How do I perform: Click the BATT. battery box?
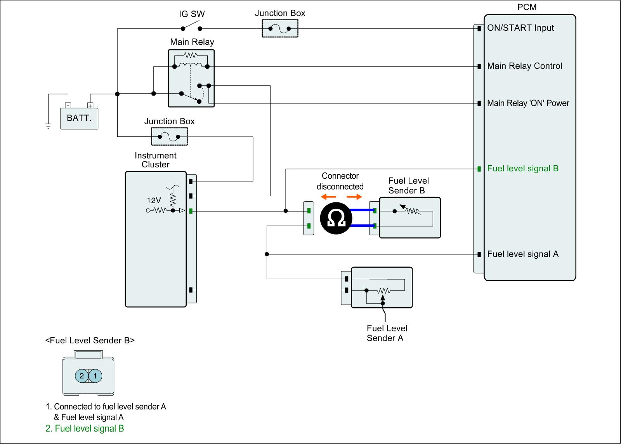79,118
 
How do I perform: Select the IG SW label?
192,14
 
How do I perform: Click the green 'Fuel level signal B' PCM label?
522,169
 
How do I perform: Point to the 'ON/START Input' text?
520,28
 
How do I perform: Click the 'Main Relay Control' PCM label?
524,66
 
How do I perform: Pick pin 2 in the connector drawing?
82,376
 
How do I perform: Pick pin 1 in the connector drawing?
95,376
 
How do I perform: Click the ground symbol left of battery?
48,125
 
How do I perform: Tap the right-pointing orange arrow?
354,197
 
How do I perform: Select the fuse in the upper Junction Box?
280,28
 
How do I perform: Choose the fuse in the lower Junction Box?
169,137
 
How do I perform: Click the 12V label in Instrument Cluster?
154,200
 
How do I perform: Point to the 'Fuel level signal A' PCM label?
522,254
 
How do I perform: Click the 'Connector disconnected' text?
340,181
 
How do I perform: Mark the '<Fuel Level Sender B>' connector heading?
90,341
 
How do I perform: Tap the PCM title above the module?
527,7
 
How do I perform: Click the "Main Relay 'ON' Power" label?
528,103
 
